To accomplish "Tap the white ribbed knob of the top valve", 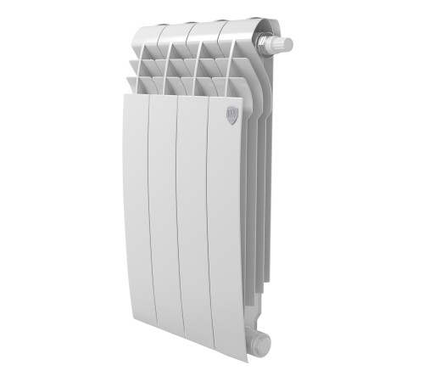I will (x=283, y=43).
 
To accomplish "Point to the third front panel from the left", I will (x=193, y=221).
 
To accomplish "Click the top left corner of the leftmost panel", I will (x=126, y=95).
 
